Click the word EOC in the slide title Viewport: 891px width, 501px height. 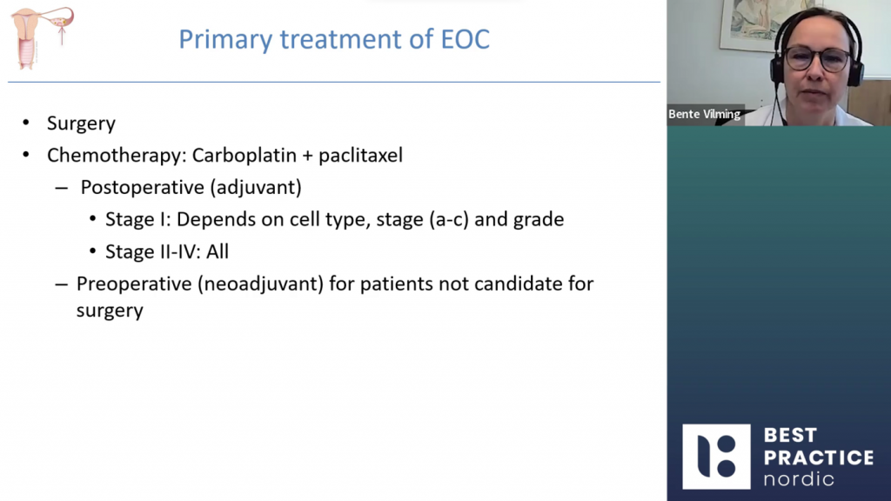(466, 39)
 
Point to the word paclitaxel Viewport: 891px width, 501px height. (360, 155)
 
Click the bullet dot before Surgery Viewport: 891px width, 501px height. (26, 122)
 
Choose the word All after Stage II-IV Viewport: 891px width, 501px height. (217, 251)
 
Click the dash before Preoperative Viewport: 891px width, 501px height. (62, 284)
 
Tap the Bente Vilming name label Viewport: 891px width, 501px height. (705, 114)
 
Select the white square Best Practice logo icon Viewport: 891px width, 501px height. (716, 457)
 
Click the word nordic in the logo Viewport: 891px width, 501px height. (799, 479)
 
